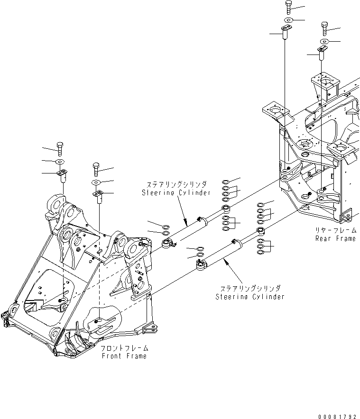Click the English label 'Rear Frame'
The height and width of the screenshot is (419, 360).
[335, 238]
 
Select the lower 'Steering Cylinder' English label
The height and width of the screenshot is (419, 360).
[250, 297]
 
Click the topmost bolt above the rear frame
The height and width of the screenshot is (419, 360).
[289, 7]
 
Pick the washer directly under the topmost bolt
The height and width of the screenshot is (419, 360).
[289, 20]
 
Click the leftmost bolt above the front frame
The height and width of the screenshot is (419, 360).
[60, 148]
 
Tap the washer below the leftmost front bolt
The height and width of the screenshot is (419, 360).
[61, 163]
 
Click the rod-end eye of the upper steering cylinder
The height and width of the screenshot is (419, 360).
[167, 244]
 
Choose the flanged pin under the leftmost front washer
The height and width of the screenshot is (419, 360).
[61, 176]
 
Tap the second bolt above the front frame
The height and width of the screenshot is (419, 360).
[96, 169]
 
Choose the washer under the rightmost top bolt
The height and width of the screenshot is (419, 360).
[324, 42]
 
